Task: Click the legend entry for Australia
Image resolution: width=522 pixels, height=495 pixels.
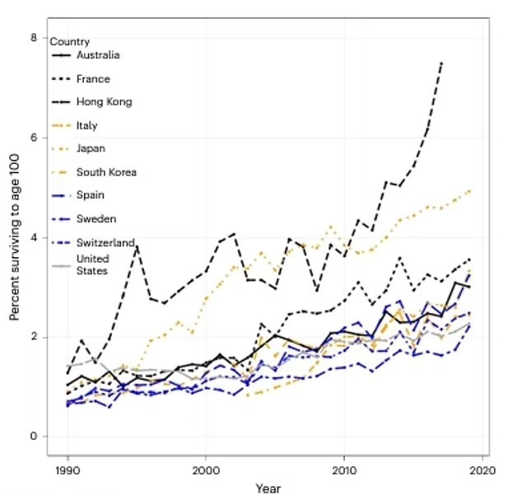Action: click(98, 55)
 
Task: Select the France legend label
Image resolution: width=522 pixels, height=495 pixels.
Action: click(92, 79)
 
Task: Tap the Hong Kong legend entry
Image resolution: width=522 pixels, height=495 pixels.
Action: click(104, 102)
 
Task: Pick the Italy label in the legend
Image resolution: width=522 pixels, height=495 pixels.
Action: click(86, 125)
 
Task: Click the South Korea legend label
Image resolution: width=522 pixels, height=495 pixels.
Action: click(106, 172)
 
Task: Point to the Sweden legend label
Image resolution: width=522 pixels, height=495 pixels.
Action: click(96, 218)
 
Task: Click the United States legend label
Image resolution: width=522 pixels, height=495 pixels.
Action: click(92, 264)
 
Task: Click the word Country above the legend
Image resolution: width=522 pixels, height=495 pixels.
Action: click(70, 41)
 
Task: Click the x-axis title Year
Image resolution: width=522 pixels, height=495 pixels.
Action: click(268, 487)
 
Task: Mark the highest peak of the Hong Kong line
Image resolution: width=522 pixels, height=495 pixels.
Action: click(442, 62)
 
